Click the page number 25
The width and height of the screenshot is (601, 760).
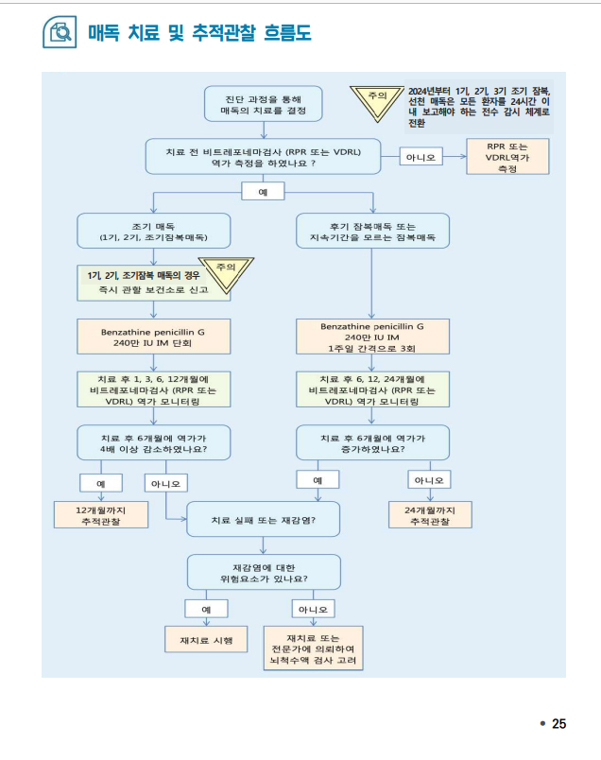pyautogui.click(x=558, y=723)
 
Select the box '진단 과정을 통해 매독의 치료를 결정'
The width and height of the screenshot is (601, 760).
pyautogui.click(x=264, y=104)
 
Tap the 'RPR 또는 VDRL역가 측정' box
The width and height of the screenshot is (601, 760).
pyautogui.click(x=507, y=158)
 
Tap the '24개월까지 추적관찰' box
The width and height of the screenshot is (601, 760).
pyautogui.click(x=430, y=514)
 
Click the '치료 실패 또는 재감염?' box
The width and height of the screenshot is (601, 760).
pyautogui.click(x=264, y=520)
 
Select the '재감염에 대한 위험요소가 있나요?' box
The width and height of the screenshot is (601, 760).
pyautogui.click(x=264, y=572)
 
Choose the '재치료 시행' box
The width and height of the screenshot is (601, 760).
pyautogui.click(x=206, y=640)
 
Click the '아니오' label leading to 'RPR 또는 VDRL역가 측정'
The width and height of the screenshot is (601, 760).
pyautogui.click(x=420, y=157)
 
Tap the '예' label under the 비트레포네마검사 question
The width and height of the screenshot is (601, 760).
pyautogui.click(x=264, y=191)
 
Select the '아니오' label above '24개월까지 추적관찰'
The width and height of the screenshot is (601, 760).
pyautogui.click(x=430, y=480)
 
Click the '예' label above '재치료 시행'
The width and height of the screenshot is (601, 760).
pyautogui.click(x=206, y=609)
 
